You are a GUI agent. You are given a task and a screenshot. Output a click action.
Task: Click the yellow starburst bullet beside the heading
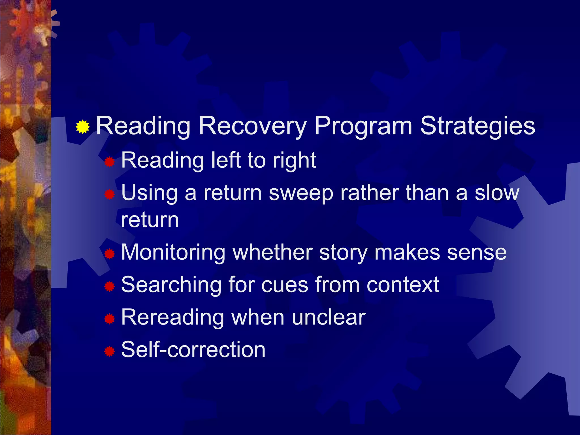coord(83,127)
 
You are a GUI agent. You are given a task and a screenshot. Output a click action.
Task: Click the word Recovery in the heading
coord(253,126)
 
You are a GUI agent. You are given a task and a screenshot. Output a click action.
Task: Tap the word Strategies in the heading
coord(477,126)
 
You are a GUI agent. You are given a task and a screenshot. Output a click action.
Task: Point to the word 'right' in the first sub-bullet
coord(294,161)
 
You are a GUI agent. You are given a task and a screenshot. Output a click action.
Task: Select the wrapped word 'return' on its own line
coord(150,220)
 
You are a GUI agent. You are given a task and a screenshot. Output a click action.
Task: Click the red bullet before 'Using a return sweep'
coord(109,195)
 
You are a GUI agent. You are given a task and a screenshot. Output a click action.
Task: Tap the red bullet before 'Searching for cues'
coord(109,287)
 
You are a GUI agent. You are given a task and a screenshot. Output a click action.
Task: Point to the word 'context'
coord(403,285)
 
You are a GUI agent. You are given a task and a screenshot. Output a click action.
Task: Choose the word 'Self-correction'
coord(193,349)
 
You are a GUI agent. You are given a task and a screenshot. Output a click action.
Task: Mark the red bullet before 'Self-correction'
coord(109,352)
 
